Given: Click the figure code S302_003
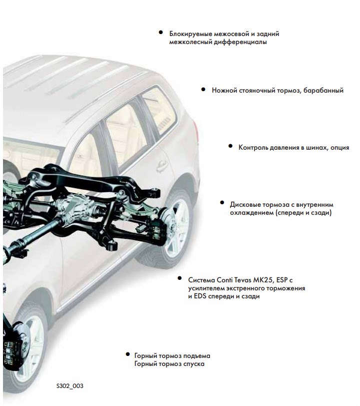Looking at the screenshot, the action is pos(70,386).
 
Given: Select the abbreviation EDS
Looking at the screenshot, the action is pos(200,296).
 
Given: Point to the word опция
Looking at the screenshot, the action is pos(339,148).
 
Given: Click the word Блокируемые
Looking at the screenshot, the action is pos(191,34).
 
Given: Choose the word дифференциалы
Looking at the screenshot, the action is pos(240,42).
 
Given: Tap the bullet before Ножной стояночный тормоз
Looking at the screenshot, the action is pos(203,89).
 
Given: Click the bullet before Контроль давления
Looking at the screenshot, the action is pos(230,146).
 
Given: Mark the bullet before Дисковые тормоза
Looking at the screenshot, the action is pos(222,202).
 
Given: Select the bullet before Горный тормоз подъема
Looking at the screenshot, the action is pos(127,354).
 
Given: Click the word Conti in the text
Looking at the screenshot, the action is pos(224,280).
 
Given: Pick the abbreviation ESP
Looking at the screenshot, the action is pos(281,280).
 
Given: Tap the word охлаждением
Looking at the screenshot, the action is pos(251,213).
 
